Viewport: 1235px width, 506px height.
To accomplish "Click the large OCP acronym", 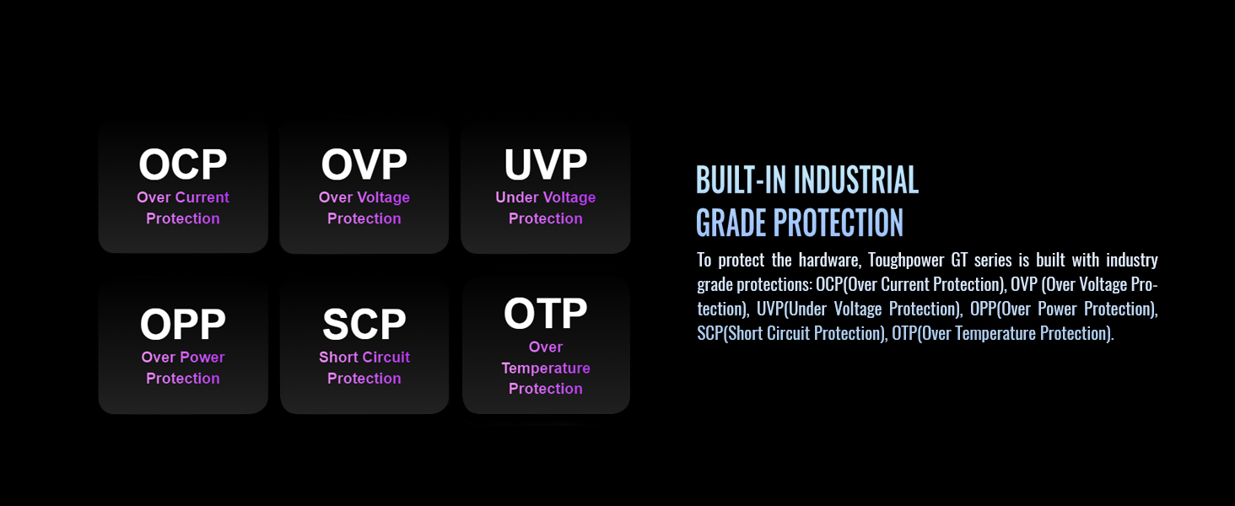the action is (x=182, y=164).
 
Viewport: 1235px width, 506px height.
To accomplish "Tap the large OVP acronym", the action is (x=364, y=164).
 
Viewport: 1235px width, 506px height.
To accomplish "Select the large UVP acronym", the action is (x=545, y=164).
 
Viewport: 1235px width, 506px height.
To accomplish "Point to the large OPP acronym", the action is (x=182, y=324).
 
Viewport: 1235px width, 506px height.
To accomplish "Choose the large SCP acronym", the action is (x=364, y=324).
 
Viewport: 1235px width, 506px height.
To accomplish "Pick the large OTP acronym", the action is (x=545, y=313).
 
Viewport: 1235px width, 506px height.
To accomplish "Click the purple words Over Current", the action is (x=182, y=197).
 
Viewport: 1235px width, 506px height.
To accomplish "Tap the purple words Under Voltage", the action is (x=545, y=197).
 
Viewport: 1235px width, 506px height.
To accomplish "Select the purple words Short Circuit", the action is (x=364, y=358).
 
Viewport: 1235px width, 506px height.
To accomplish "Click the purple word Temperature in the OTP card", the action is (x=545, y=369).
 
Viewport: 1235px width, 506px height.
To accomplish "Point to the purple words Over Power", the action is (x=182, y=358).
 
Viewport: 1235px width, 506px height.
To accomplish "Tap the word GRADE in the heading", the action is (x=731, y=223).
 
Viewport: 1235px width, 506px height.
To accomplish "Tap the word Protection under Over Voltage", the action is (x=364, y=218).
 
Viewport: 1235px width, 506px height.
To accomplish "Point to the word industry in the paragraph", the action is (x=1132, y=260).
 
